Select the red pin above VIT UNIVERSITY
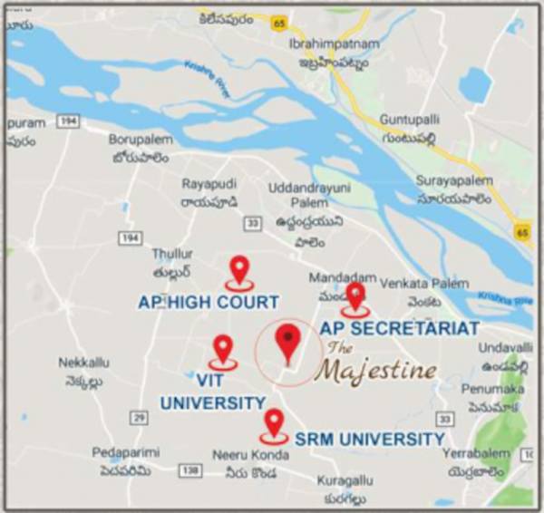222,349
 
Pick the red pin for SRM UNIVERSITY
274,422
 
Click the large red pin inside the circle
288,342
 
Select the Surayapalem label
452,180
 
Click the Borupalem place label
141,140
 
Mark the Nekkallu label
84,363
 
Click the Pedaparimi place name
125,451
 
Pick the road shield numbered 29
138,417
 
